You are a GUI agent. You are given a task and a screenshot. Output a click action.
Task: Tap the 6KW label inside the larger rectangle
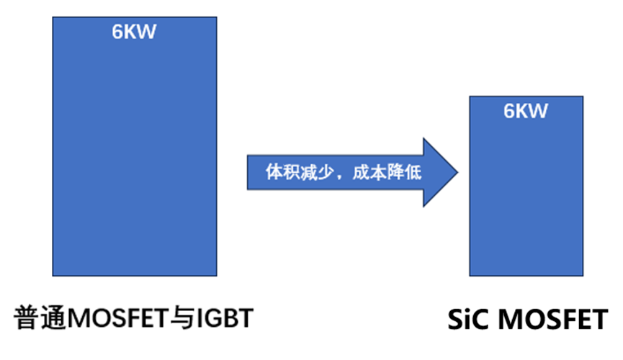point(135,32)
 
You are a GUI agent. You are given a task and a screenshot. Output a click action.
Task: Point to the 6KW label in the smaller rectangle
point(526,111)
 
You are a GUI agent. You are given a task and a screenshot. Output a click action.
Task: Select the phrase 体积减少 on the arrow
point(295,174)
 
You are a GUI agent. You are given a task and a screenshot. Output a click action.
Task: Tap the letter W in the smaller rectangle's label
point(539,111)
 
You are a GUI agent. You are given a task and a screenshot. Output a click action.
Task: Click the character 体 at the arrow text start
point(274,174)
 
